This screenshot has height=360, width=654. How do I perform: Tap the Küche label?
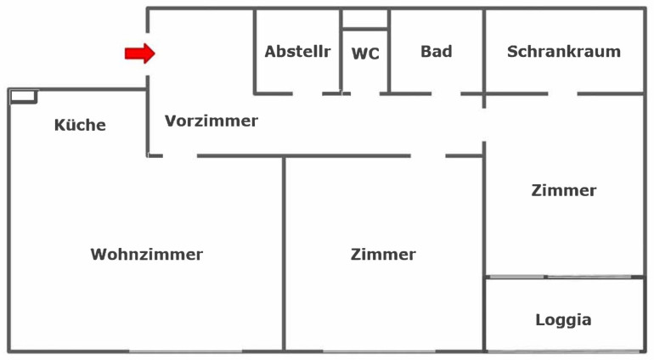(x=80, y=126)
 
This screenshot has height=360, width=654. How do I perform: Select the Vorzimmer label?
(x=211, y=121)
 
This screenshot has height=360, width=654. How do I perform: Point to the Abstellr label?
(x=297, y=52)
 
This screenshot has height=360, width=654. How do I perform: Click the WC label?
(x=365, y=53)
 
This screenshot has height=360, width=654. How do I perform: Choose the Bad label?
(x=437, y=52)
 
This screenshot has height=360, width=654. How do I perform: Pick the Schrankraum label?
(x=564, y=52)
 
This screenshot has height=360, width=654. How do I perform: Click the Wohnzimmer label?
(x=147, y=254)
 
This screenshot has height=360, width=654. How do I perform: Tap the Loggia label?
(x=563, y=320)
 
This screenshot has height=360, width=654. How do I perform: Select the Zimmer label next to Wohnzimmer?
(x=383, y=254)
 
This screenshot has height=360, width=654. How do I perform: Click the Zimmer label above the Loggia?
(x=564, y=190)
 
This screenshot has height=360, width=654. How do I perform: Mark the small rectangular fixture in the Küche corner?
(x=23, y=96)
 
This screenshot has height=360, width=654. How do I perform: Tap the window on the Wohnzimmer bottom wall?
(x=185, y=351)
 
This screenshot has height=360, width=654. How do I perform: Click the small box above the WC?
(x=365, y=19)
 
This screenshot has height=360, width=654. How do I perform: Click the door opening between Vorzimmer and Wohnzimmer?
(x=179, y=155)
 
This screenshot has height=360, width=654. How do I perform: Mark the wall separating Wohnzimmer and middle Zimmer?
(x=285, y=255)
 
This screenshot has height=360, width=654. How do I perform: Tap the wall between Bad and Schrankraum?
(x=484, y=51)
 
